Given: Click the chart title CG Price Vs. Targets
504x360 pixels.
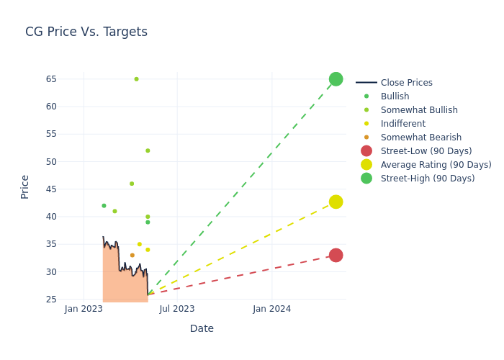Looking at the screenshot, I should [x=86, y=32].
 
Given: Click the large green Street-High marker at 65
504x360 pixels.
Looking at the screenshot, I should [x=336, y=79].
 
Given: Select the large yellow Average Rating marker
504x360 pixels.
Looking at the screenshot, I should [x=336, y=202].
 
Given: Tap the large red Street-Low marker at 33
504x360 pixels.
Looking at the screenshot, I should [x=336, y=255].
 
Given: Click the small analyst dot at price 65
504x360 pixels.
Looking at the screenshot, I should [x=136, y=79].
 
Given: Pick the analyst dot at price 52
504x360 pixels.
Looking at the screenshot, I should [x=148, y=150].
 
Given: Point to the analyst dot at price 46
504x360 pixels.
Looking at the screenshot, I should [x=132, y=184].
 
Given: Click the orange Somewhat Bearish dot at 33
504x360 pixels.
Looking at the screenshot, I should [x=132, y=255].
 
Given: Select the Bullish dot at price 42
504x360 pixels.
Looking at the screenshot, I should [x=104, y=206].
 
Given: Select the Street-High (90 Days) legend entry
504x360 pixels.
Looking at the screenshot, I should [x=428, y=179].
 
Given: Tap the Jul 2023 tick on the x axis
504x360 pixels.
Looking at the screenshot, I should [x=177, y=309].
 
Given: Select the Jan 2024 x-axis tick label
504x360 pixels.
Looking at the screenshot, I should [x=271, y=309].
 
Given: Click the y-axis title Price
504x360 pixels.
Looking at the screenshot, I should [x=25, y=186].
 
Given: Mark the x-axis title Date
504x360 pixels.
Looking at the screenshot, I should [x=202, y=328].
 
